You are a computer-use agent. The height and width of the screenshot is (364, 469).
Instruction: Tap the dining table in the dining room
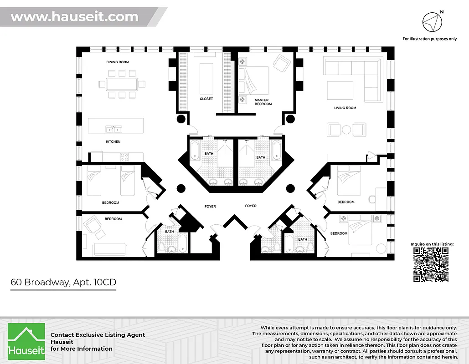[x=122, y=84]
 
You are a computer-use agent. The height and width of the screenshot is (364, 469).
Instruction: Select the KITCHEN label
[x=113, y=142]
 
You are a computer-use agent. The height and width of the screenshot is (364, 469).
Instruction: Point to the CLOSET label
[x=206, y=99]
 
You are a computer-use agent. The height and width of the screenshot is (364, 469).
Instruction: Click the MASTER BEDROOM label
[x=263, y=102]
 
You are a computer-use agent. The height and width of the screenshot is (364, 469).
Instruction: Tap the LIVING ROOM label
[x=345, y=108]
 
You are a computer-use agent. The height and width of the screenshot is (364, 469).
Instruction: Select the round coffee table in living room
[x=346, y=130]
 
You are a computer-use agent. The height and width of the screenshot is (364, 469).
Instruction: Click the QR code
[x=431, y=265]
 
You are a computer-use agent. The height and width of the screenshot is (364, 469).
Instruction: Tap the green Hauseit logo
[x=26, y=340]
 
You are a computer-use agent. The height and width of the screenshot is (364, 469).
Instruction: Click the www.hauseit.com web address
[x=74, y=17]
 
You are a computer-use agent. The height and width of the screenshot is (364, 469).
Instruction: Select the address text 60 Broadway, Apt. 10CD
[x=63, y=282]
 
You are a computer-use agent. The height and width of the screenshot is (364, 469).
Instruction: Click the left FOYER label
[x=210, y=207]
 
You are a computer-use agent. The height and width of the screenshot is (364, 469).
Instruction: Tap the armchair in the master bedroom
[x=281, y=62]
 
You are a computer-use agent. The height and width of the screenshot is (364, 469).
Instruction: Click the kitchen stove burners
[x=124, y=157]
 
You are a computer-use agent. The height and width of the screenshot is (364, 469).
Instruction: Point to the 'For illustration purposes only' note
[x=429, y=39]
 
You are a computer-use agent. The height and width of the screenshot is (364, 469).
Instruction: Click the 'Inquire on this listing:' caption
[x=432, y=244]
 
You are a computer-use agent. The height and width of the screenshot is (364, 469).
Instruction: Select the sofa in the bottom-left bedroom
[x=109, y=249]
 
